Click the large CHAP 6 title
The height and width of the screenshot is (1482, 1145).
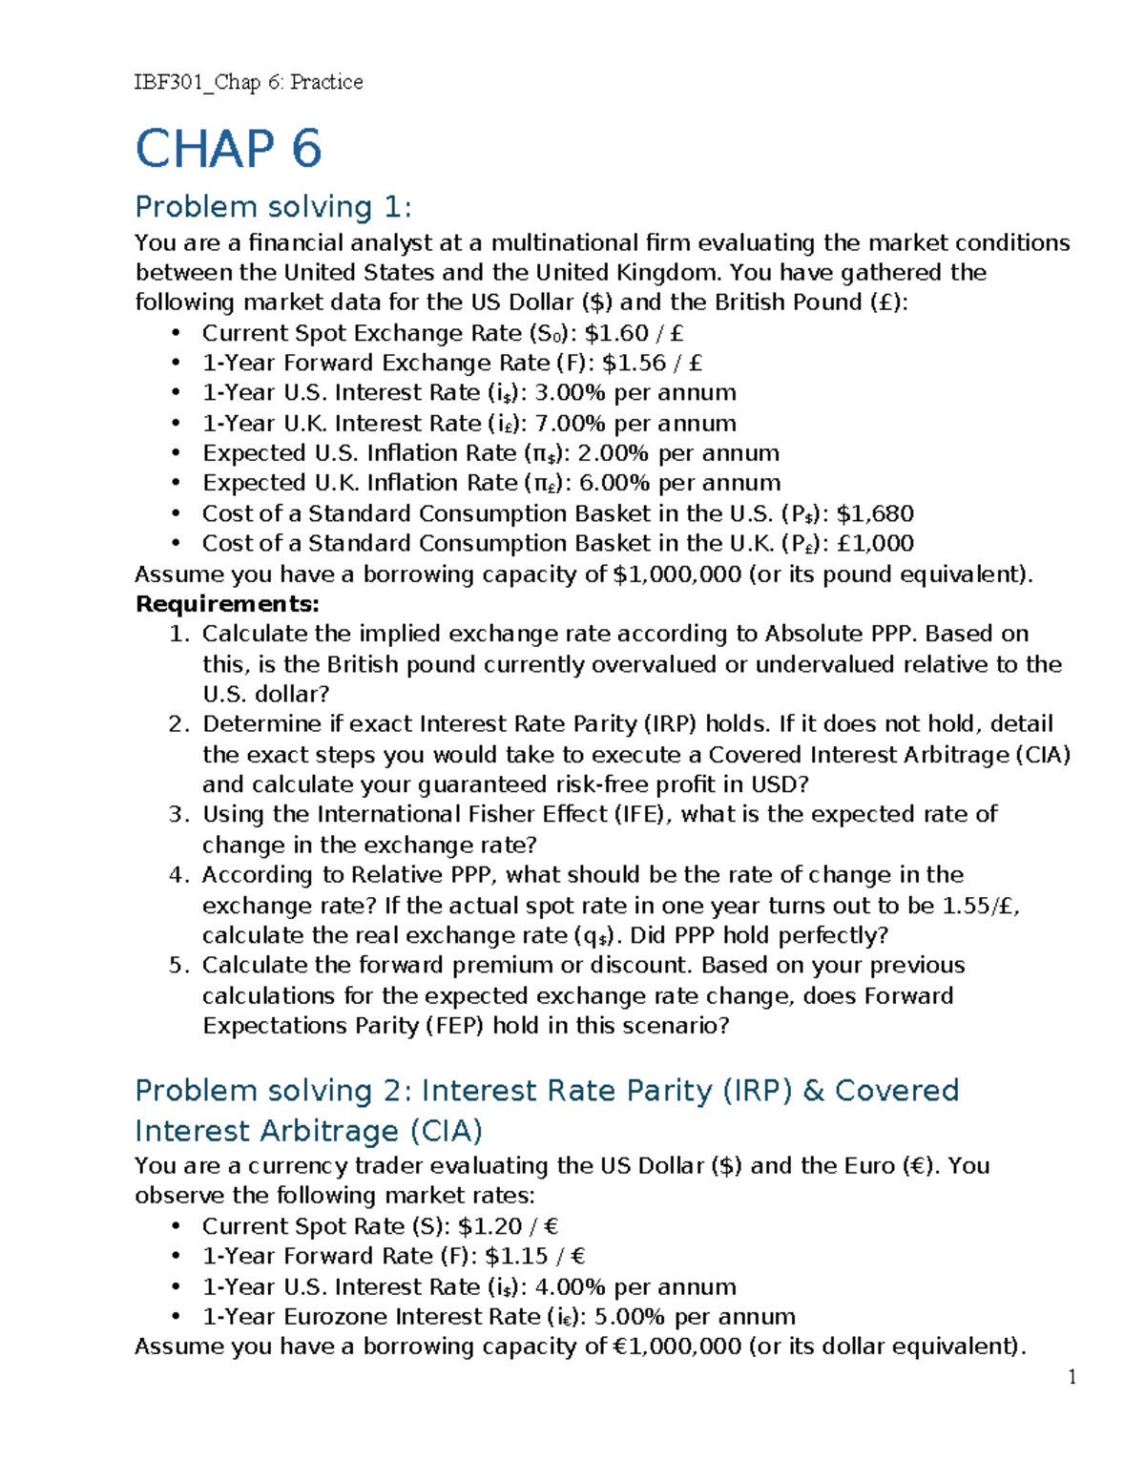[x=228, y=150]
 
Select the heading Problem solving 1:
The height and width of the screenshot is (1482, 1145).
[x=273, y=207]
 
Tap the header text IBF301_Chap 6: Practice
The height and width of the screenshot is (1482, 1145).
[x=248, y=82]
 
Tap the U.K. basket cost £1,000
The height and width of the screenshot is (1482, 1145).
[x=874, y=544]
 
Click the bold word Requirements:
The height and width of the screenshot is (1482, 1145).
[x=227, y=604]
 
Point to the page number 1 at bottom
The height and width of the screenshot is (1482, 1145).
[x=1072, y=1376]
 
